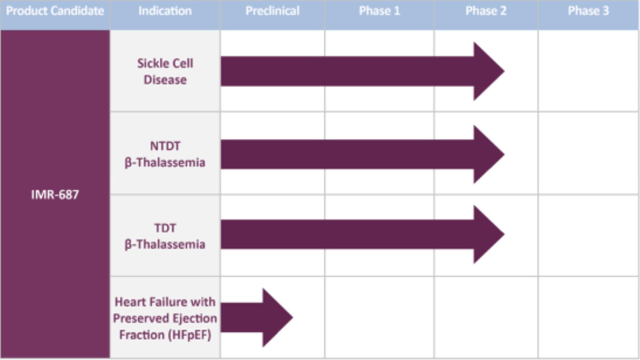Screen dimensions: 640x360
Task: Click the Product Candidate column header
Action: click(55, 11)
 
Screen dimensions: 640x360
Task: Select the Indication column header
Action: click(165, 11)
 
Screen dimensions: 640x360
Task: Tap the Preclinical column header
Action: click(272, 11)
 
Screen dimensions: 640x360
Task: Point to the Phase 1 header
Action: click(379, 11)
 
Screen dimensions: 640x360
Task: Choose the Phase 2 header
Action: click(486, 11)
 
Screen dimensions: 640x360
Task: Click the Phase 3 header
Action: click(589, 11)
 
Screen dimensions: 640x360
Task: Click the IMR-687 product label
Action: click(55, 195)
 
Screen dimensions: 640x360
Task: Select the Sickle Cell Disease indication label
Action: click(165, 71)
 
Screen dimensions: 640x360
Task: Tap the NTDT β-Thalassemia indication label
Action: click(165, 154)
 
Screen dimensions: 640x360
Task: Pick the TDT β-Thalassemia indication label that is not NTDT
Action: click(165, 236)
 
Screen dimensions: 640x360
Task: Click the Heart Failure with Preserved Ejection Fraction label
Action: click(165, 318)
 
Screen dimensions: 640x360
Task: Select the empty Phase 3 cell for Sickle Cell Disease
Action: click(589, 71)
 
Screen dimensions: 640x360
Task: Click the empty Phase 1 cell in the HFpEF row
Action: click(379, 317)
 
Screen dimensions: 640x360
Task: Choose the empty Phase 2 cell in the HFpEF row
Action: click(486, 317)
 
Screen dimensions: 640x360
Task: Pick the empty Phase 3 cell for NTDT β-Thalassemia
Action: click(589, 153)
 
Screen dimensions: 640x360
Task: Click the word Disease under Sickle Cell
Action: click(165, 80)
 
